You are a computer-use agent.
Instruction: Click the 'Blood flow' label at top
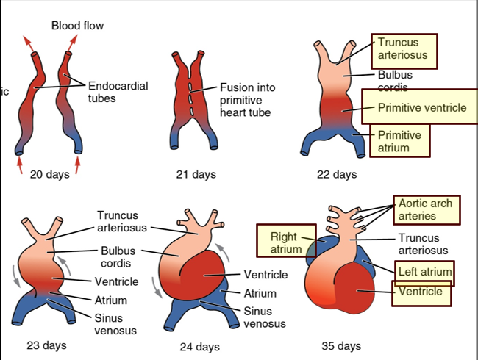point(77,26)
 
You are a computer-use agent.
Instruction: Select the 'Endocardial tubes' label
point(118,92)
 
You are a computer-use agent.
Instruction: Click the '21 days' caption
point(196,175)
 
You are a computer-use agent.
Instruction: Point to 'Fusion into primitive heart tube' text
point(248,100)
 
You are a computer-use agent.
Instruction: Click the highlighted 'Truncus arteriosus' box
point(404,49)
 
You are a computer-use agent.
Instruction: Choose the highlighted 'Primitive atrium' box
point(401,142)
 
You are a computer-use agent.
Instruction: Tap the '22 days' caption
point(336,175)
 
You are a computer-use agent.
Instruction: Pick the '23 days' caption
point(46,345)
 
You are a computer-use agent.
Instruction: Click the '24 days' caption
point(199,347)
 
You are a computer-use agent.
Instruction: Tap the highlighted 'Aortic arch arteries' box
point(426,209)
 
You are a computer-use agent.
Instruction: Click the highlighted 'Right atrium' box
point(282,243)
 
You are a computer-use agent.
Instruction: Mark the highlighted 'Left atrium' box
point(423,272)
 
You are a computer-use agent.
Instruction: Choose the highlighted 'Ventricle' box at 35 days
point(421,292)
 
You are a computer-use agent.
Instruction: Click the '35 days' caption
point(341,345)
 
